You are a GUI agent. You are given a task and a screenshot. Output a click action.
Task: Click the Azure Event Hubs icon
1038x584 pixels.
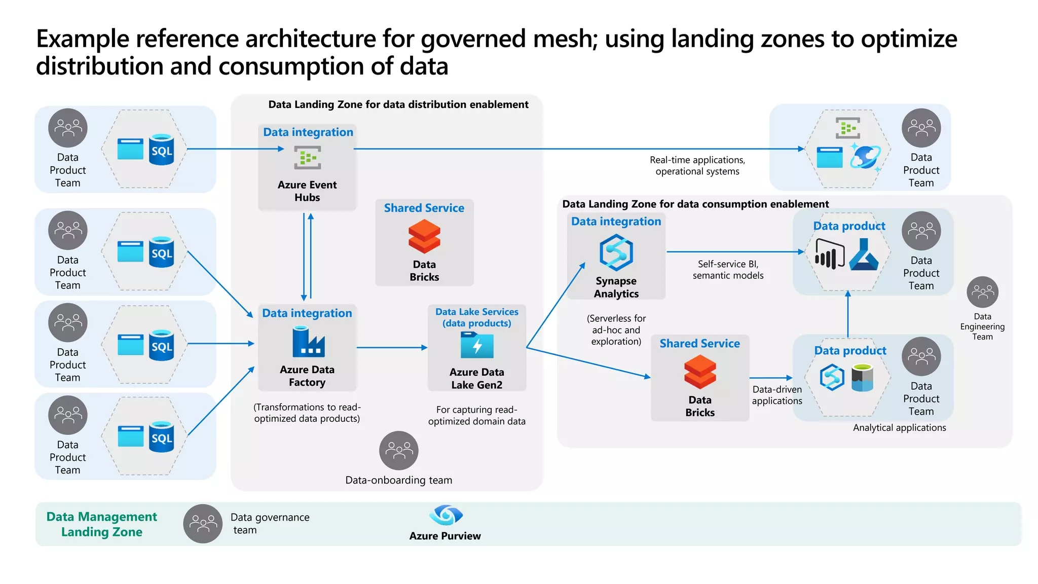[308, 158]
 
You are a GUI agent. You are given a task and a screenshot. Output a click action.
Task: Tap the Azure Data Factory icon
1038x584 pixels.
[308, 342]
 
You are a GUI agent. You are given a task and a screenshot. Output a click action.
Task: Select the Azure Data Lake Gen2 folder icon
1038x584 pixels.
[476, 345]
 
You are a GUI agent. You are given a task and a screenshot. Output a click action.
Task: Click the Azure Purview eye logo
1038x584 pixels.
[446, 515]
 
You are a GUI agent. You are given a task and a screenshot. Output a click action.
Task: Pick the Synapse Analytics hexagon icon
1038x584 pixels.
[616, 252]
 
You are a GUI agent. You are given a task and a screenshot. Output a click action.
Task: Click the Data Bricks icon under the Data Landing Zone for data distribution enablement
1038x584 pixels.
[424, 237]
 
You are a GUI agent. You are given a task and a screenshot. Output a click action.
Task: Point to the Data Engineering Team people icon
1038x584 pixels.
[982, 292]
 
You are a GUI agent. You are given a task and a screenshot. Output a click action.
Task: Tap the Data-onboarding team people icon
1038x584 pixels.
[399, 451]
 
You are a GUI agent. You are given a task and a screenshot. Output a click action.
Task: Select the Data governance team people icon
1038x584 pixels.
[203, 524]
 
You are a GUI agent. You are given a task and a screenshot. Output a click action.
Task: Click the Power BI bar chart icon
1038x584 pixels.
[829, 255]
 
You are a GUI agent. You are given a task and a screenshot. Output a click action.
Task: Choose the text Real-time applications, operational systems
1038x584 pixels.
[697, 166]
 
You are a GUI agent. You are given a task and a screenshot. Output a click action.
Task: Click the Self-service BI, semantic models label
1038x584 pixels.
[728, 270]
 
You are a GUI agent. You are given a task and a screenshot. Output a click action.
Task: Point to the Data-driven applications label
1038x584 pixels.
[777, 395]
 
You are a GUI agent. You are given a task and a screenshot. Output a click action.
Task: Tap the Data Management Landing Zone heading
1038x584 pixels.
[102, 524]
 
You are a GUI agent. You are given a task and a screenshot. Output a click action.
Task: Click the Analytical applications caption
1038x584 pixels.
[899, 428]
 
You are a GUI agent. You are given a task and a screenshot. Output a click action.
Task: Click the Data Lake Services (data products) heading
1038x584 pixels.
[477, 317]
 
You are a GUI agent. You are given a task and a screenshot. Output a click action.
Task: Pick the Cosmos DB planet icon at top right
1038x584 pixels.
[865, 156]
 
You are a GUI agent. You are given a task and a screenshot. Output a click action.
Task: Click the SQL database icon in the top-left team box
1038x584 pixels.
[162, 150]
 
